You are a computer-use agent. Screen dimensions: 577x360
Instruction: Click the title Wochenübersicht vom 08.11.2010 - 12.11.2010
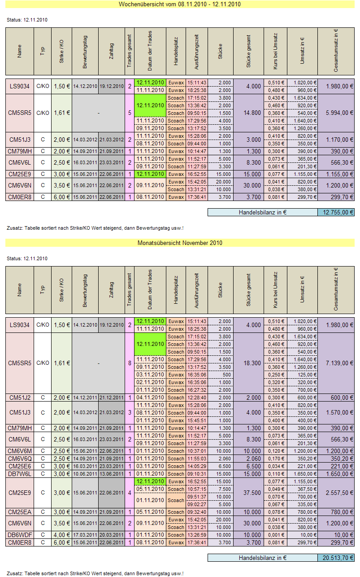(x=180, y=4)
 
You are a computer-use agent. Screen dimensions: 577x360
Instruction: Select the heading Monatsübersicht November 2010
(x=180, y=243)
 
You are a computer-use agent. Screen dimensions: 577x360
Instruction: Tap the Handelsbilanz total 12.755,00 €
(x=336, y=213)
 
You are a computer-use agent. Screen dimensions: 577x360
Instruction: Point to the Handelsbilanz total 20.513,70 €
(x=336, y=558)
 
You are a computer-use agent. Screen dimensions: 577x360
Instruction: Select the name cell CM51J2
(x=20, y=398)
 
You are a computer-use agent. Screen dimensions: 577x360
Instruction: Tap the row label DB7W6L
(x=20, y=474)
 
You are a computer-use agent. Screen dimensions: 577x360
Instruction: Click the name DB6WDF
(x=20, y=535)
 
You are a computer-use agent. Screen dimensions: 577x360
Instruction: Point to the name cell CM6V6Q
(x=20, y=459)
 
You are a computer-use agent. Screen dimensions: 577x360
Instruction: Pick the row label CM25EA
(x=20, y=512)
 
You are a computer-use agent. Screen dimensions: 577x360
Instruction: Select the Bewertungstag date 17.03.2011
(x=85, y=535)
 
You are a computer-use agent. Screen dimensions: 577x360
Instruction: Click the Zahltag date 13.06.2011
(x=111, y=474)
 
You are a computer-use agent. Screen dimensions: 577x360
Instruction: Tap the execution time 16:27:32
(x=197, y=390)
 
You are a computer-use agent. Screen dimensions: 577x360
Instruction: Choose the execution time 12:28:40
(x=197, y=398)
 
